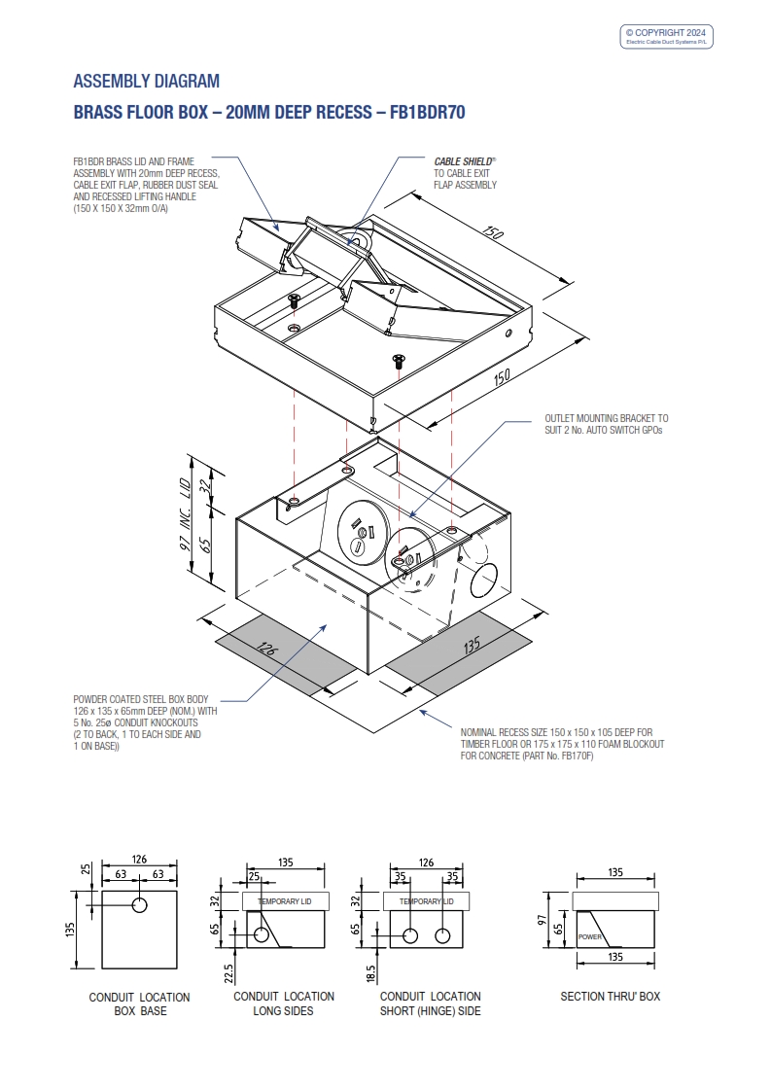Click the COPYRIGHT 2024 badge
(x=666, y=37)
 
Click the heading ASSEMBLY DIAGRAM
(x=147, y=81)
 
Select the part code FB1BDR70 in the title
(x=427, y=113)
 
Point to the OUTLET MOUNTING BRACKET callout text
(x=606, y=423)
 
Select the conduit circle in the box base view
(x=140, y=905)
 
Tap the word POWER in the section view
(x=590, y=937)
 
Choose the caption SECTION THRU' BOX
(x=610, y=997)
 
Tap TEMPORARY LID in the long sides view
(x=286, y=901)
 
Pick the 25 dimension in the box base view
(x=85, y=868)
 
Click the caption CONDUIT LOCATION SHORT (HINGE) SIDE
(x=430, y=1003)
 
